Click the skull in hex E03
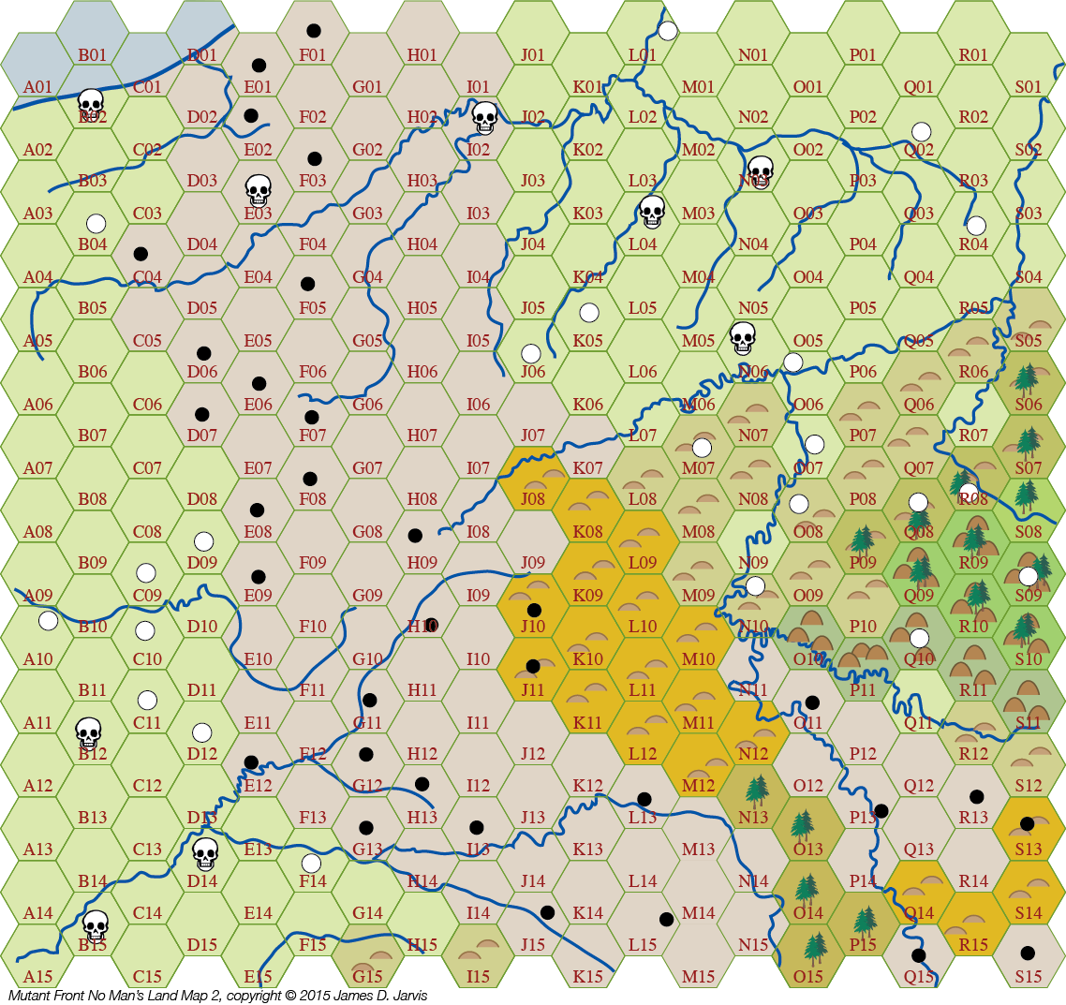[x=258, y=190]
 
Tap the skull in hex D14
[x=204, y=852]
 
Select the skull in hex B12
[x=88, y=732]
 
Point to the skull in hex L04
[x=651, y=211]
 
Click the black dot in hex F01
[x=313, y=31]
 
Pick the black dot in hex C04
[x=141, y=254]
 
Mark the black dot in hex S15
[x=1028, y=953]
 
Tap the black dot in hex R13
[x=976, y=796]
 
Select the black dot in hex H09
[x=415, y=535]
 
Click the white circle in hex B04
[x=96, y=223]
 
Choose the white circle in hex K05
[x=588, y=312]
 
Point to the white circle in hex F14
[x=312, y=863]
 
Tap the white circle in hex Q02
[x=922, y=130]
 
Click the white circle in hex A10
[x=48, y=620]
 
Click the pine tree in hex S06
[x=1027, y=377]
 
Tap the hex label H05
[x=422, y=308]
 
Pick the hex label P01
[x=863, y=55]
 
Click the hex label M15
[x=698, y=977]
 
